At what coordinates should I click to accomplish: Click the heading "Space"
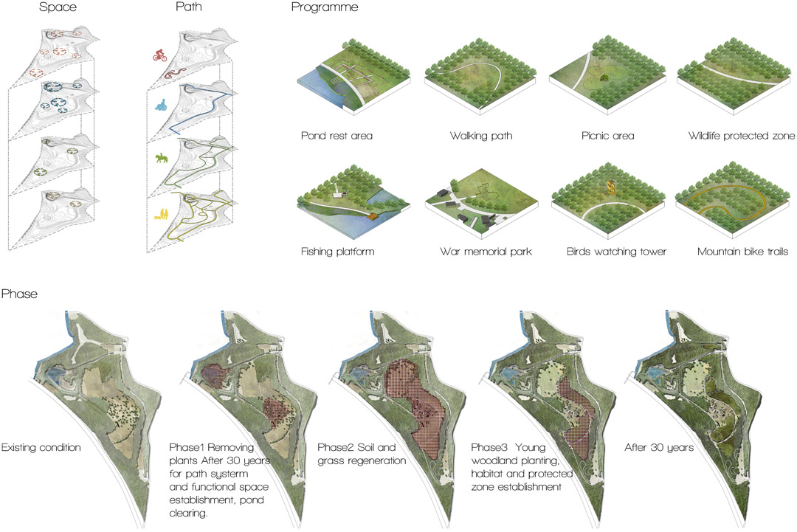coord(58,7)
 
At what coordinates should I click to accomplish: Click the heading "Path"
coord(189,7)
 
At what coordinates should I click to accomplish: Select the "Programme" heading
coord(324,7)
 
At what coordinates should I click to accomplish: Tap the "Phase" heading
coord(19,294)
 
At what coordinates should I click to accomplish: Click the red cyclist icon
coord(159,55)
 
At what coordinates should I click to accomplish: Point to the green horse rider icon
coord(161,159)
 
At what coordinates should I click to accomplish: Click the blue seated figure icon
coord(161,105)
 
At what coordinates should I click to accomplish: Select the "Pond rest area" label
coord(337,136)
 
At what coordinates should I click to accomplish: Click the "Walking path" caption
coord(481,136)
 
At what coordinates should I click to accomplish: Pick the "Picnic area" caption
coord(607,136)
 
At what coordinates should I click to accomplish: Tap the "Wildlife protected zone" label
coord(741,136)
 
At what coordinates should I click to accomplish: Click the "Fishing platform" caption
coord(337,252)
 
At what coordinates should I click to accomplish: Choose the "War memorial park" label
coord(486,252)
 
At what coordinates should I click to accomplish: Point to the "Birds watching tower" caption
coord(616,252)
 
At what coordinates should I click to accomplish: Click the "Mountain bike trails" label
coord(742,252)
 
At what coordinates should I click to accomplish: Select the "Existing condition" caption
coord(41,448)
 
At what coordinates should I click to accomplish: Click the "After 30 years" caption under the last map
coord(659,448)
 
